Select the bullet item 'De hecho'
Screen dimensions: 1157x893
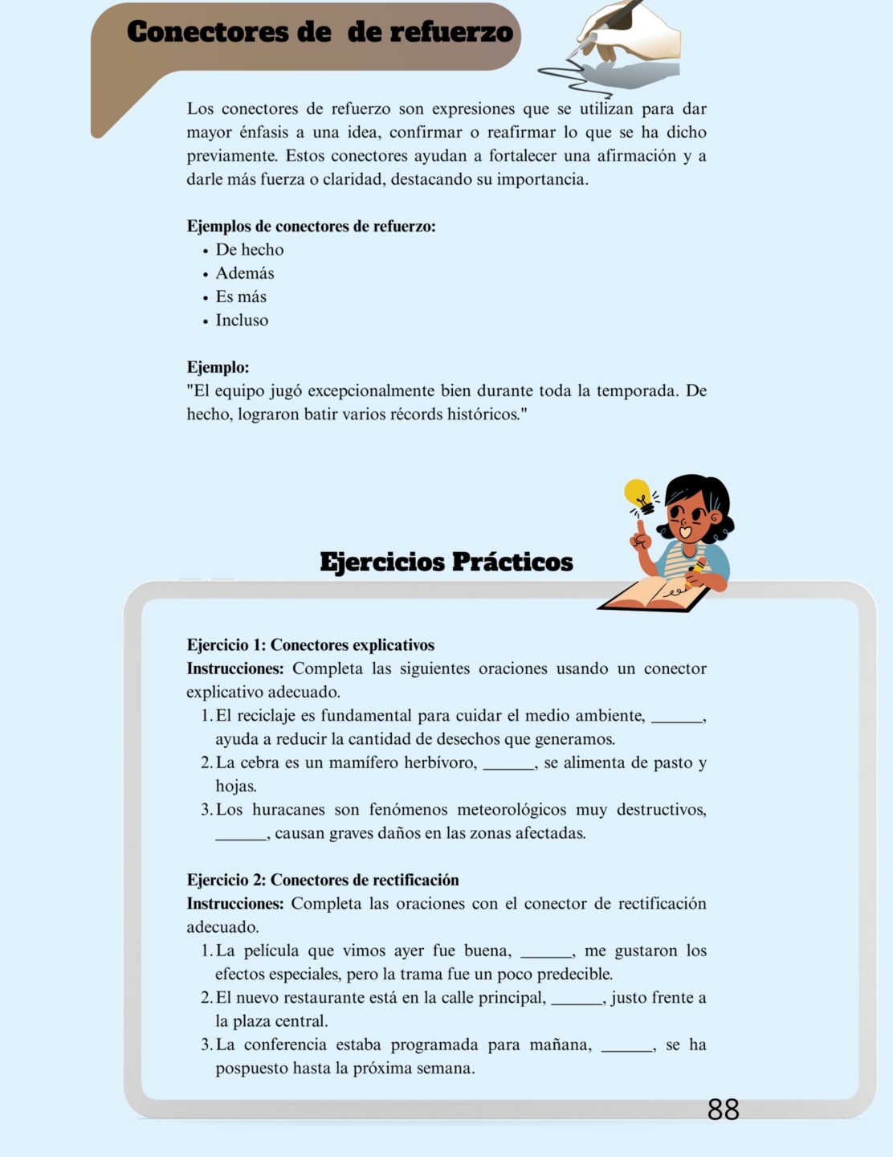click(249, 250)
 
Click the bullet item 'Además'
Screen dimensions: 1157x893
click(244, 273)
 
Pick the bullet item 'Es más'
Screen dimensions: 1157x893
click(240, 296)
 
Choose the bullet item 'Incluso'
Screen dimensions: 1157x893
click(242, 320)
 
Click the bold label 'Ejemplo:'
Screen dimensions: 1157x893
click(218, 367)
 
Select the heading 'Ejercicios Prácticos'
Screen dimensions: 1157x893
click(446, 562)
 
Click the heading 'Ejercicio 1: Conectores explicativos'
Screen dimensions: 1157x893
click(310, 645)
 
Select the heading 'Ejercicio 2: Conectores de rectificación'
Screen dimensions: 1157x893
click(322, 880)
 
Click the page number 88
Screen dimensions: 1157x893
click(723, 1110)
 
